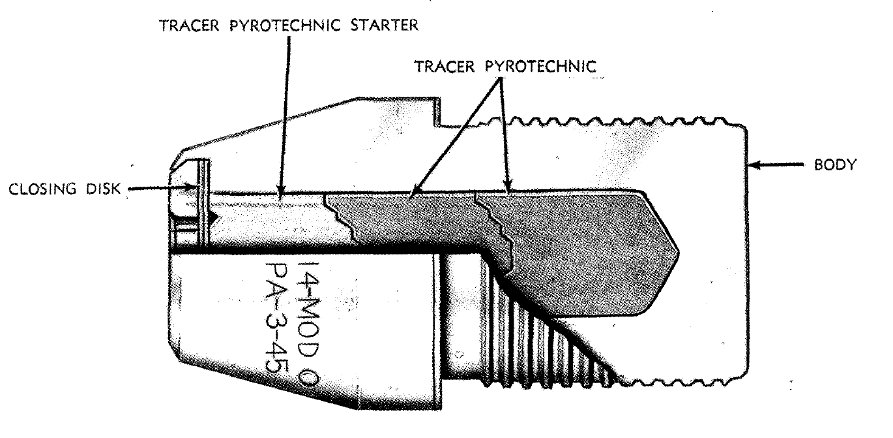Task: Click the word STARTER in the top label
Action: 385,25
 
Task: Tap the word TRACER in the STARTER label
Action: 190,25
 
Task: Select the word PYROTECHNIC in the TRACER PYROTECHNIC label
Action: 540,67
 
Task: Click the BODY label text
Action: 835,164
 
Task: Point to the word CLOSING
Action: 42,189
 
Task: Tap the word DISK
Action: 103,189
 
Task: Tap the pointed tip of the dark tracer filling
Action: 679,253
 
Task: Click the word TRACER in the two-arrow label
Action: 445,67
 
